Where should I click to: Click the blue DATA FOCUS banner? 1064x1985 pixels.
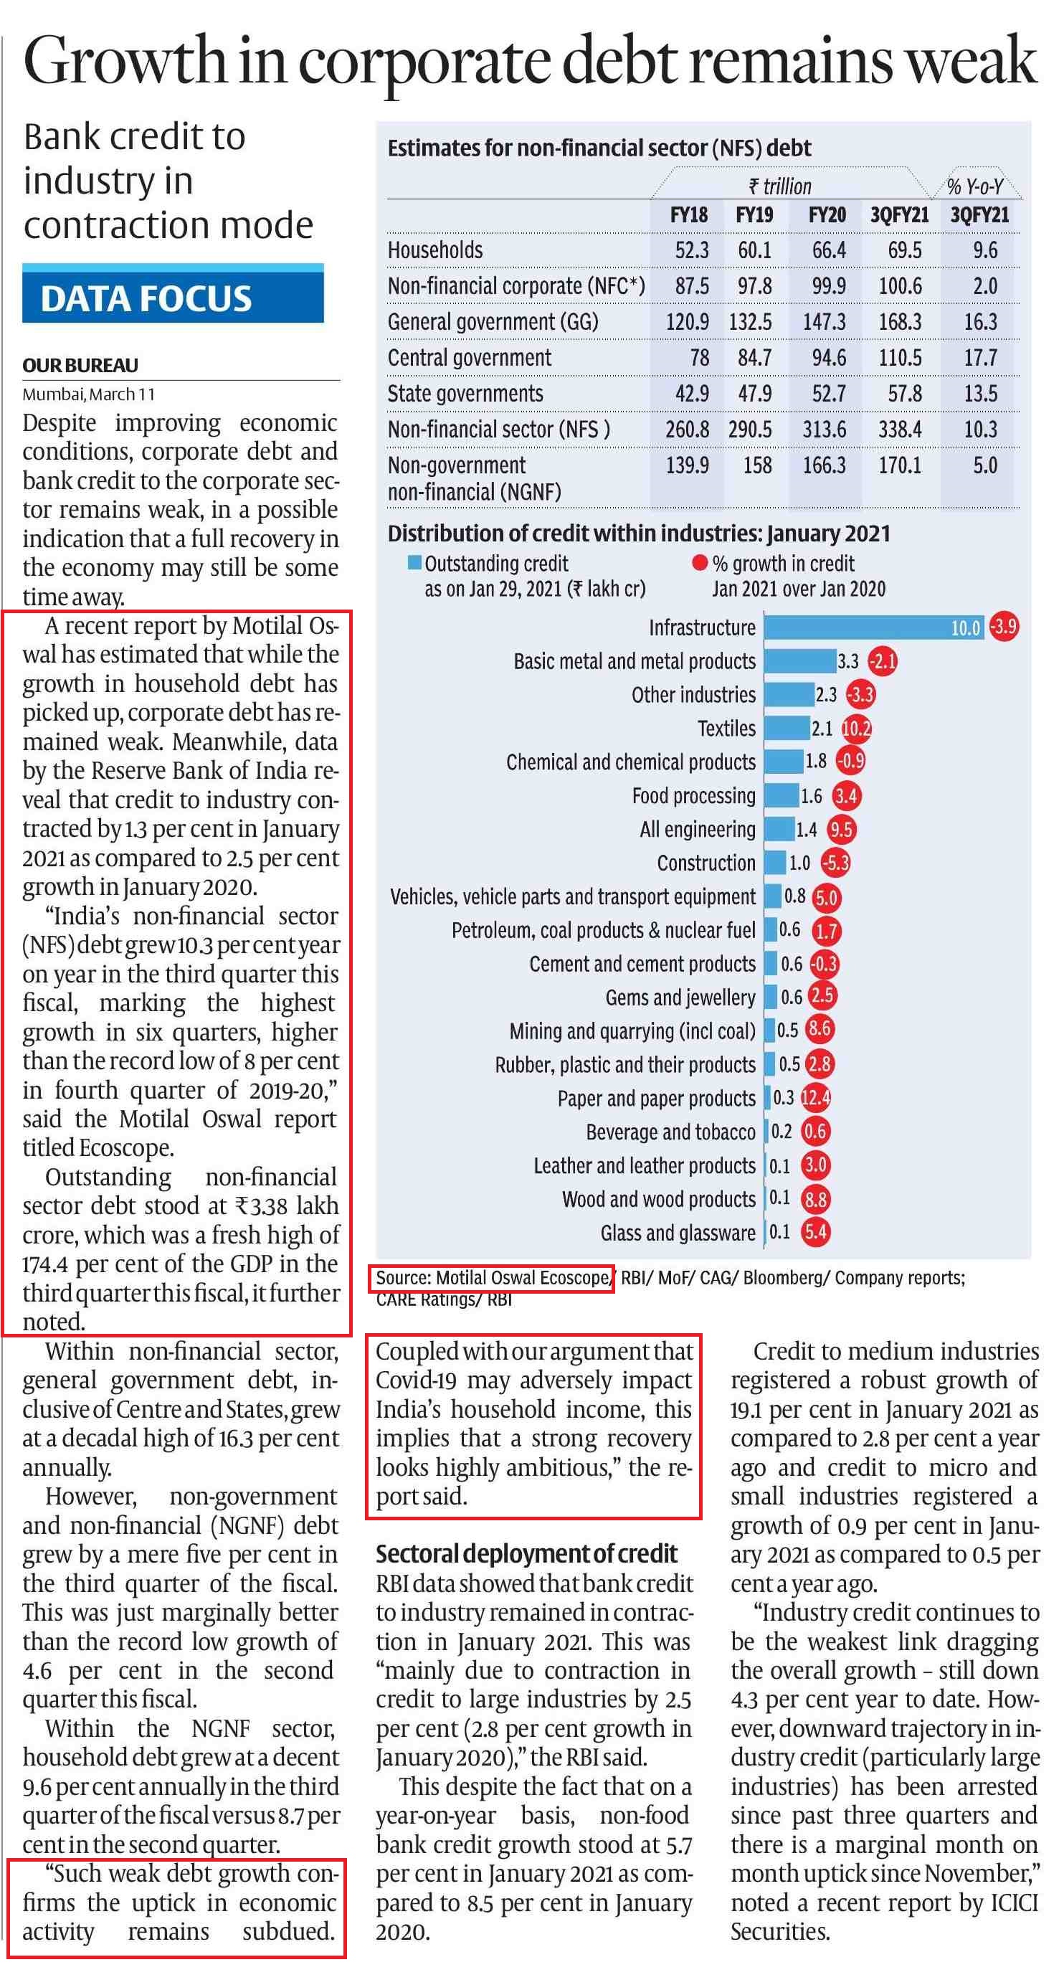173,293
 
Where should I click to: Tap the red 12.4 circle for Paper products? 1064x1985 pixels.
816,1097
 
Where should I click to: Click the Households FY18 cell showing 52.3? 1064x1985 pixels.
692,250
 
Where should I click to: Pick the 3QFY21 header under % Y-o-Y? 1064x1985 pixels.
979,215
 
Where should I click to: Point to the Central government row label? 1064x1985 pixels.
469,358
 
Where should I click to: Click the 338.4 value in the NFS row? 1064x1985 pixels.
900,430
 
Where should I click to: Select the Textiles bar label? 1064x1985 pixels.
726,728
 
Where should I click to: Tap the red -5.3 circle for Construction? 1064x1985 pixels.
835,862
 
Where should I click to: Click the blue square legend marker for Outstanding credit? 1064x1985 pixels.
414,563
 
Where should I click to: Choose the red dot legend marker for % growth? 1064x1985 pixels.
700,563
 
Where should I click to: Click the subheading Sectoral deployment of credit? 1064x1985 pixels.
526,1553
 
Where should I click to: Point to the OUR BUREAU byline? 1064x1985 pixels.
80,365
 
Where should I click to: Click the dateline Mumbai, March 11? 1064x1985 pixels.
89,394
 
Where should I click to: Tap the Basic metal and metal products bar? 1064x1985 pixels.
799,660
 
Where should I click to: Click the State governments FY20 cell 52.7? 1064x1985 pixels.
828,394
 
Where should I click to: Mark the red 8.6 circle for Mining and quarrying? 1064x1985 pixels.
820,1030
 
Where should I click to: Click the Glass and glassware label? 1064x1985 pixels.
678,1233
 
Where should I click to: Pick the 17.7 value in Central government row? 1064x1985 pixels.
981,358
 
